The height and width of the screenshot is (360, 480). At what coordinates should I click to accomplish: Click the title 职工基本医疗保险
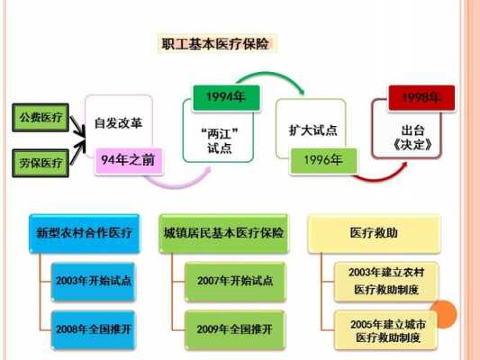(215, 43)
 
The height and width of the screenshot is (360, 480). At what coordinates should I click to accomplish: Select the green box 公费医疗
(41, 118)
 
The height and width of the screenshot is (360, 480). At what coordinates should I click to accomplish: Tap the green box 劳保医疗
(41, 163)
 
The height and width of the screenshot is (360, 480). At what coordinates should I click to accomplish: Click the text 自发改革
(118, 123)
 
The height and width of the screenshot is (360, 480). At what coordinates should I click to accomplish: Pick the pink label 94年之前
(129, 160)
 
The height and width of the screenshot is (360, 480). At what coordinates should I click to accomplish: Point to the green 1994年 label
(226, 97)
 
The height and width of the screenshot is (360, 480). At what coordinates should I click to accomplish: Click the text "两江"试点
(220, 141)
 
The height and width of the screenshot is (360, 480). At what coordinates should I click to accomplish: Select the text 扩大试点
(313, 130)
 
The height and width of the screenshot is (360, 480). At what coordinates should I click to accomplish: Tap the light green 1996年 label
(323, 160)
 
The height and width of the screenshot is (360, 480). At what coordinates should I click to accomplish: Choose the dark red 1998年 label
(421, 97)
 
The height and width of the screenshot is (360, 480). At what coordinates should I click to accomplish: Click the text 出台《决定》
(412, 138)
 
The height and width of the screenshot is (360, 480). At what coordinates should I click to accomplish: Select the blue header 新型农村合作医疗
(84, 234)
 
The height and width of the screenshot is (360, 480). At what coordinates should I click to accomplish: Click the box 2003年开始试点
(93, 282)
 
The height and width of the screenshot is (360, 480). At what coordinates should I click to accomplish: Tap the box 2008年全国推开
(93, 329)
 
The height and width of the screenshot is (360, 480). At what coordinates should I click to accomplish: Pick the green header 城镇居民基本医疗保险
(223, 234)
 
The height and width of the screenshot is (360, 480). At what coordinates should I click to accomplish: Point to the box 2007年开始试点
(235, 282)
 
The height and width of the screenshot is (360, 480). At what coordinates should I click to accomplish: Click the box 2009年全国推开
(235, 329)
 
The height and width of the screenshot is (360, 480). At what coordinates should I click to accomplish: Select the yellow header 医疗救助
(374, 234)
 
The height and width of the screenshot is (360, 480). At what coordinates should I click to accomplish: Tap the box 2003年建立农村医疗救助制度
(386, 282)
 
